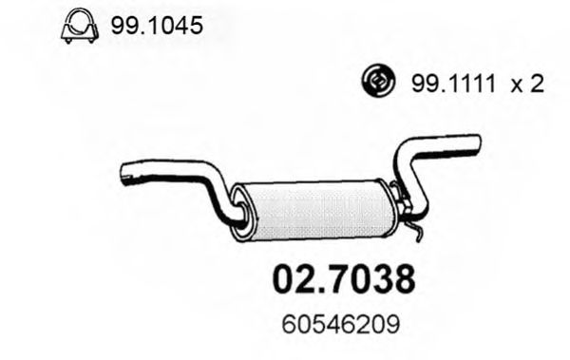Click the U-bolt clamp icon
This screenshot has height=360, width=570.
80,26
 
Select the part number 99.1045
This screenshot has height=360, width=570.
157,26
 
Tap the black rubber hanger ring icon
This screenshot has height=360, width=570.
378,81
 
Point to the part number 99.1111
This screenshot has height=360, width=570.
453,84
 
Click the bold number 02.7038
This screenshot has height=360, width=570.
344,279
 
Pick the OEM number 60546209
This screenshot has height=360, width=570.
341,324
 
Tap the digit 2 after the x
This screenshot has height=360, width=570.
537,84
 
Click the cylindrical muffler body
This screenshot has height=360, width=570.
316,210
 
